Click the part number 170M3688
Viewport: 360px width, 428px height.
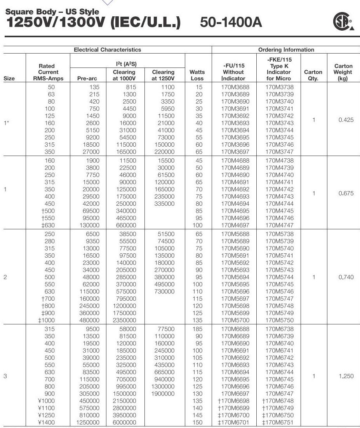(233, 87)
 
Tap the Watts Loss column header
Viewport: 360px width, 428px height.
(197, 75)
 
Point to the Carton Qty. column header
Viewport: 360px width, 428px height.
(313, 75)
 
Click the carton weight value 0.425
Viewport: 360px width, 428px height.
(346, 120)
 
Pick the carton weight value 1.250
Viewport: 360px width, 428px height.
(346, 376)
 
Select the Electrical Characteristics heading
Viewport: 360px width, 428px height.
(108, 50)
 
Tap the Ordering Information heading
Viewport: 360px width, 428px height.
(286, 50)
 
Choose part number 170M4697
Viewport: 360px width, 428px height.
(233, 225)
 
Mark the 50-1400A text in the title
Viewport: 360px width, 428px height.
(231, 23)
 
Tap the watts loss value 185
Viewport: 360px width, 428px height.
(198, 329)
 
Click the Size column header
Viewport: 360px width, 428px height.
(9, 78)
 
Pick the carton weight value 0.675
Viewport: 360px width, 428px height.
(346, 193)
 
